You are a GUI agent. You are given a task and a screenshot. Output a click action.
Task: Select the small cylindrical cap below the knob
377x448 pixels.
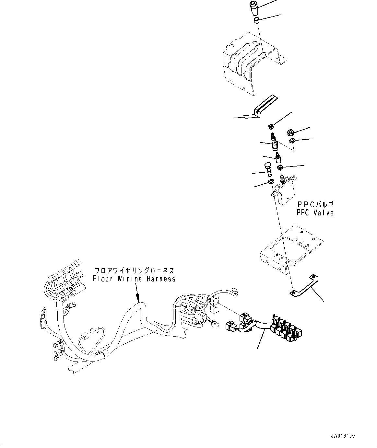pos(256,21)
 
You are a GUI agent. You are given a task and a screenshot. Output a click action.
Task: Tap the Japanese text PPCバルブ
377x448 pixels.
pos(315,205)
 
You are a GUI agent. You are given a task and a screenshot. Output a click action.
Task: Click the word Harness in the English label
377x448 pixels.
pos(160,279)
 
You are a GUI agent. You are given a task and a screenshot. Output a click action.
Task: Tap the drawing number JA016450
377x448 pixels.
pos(343,436)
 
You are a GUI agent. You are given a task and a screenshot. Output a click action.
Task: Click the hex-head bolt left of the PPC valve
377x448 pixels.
pos(268,169)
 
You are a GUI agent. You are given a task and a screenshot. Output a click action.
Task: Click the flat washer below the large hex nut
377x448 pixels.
pos(292,141)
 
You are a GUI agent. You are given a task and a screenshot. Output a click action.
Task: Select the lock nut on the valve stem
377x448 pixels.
pos(280,167)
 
